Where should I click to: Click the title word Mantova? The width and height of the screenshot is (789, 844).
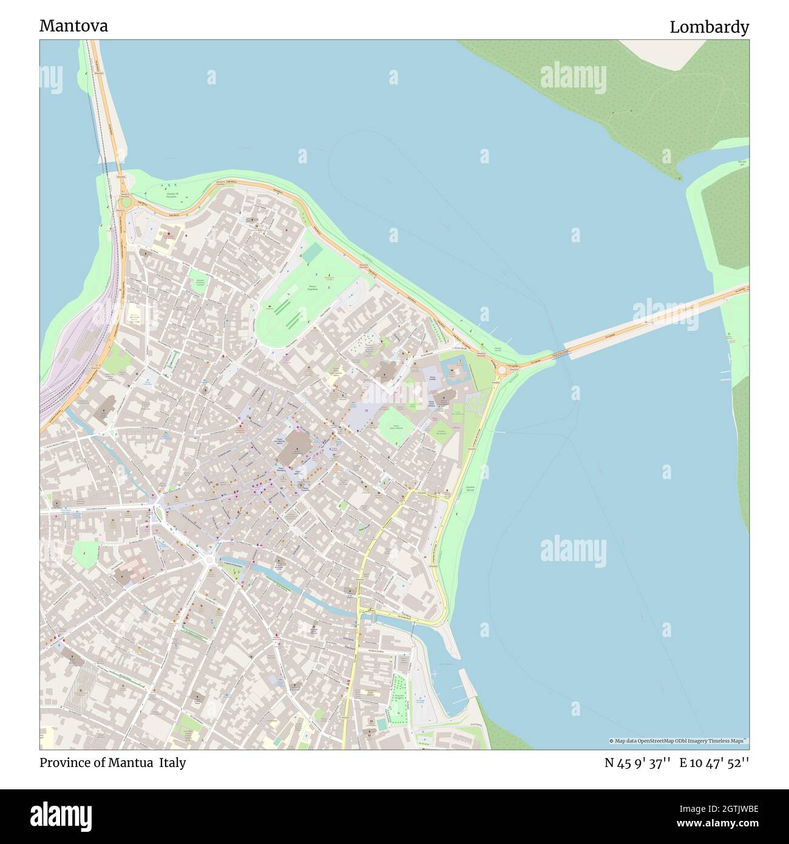tap(73, 26)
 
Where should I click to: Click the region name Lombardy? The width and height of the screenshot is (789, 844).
tap(709, 27)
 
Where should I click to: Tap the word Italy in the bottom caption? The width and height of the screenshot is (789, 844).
tap(172, 763)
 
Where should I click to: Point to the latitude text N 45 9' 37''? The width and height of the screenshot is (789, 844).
tap(637, 763)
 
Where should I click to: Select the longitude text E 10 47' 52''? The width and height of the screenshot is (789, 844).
tap(714, 763)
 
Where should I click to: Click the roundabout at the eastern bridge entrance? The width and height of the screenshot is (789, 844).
tap(502, 370)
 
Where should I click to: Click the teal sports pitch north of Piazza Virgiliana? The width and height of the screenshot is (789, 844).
tap(310, 253)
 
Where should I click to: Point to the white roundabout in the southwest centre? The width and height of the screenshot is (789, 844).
tap(210, 560)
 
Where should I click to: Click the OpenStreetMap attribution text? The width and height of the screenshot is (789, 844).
tap(679, 741)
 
